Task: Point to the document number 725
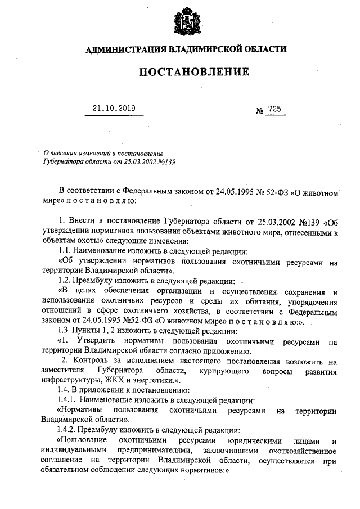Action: [x=274, y=109]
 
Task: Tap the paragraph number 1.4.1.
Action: [x=69, y=400]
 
